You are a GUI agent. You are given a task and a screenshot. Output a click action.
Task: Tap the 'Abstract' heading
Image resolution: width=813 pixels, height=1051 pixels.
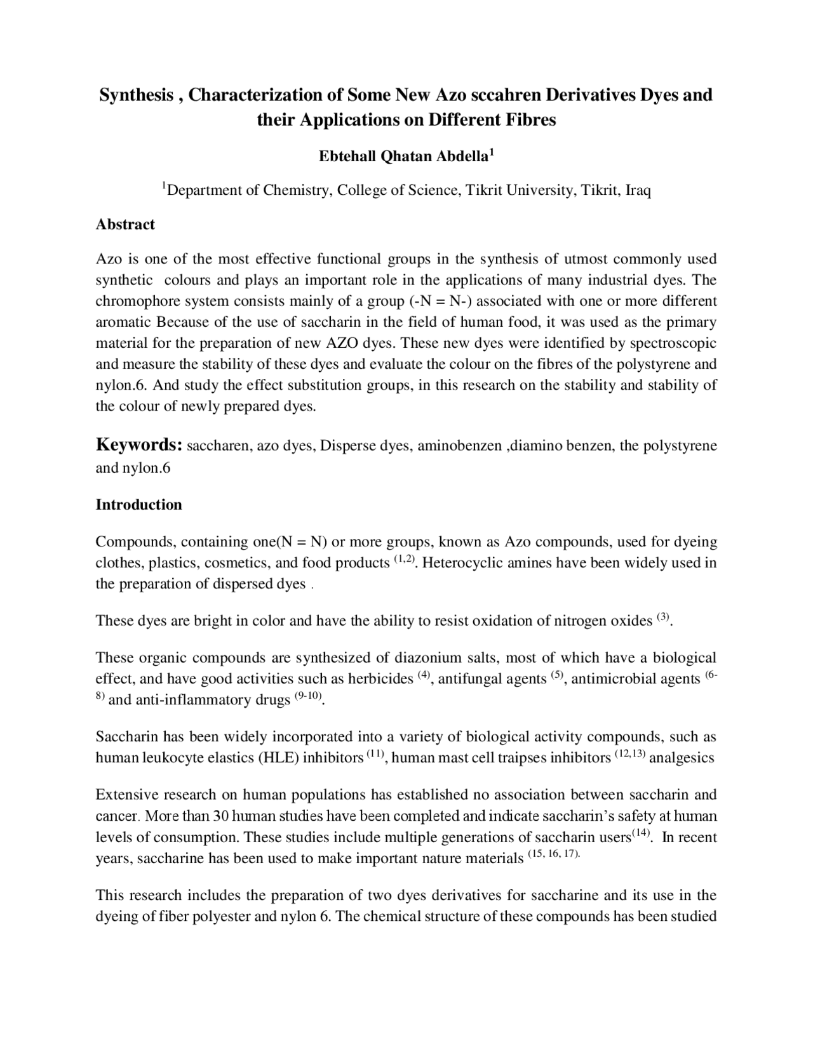125,224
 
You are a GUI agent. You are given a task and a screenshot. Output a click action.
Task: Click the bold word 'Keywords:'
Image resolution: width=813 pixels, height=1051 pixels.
139,445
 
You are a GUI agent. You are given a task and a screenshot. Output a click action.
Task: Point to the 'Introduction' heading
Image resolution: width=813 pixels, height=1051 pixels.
138,505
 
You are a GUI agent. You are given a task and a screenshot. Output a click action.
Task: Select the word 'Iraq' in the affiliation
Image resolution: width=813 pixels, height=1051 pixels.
638,190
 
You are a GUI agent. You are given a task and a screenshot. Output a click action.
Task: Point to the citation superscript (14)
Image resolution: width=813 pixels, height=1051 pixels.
641,833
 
